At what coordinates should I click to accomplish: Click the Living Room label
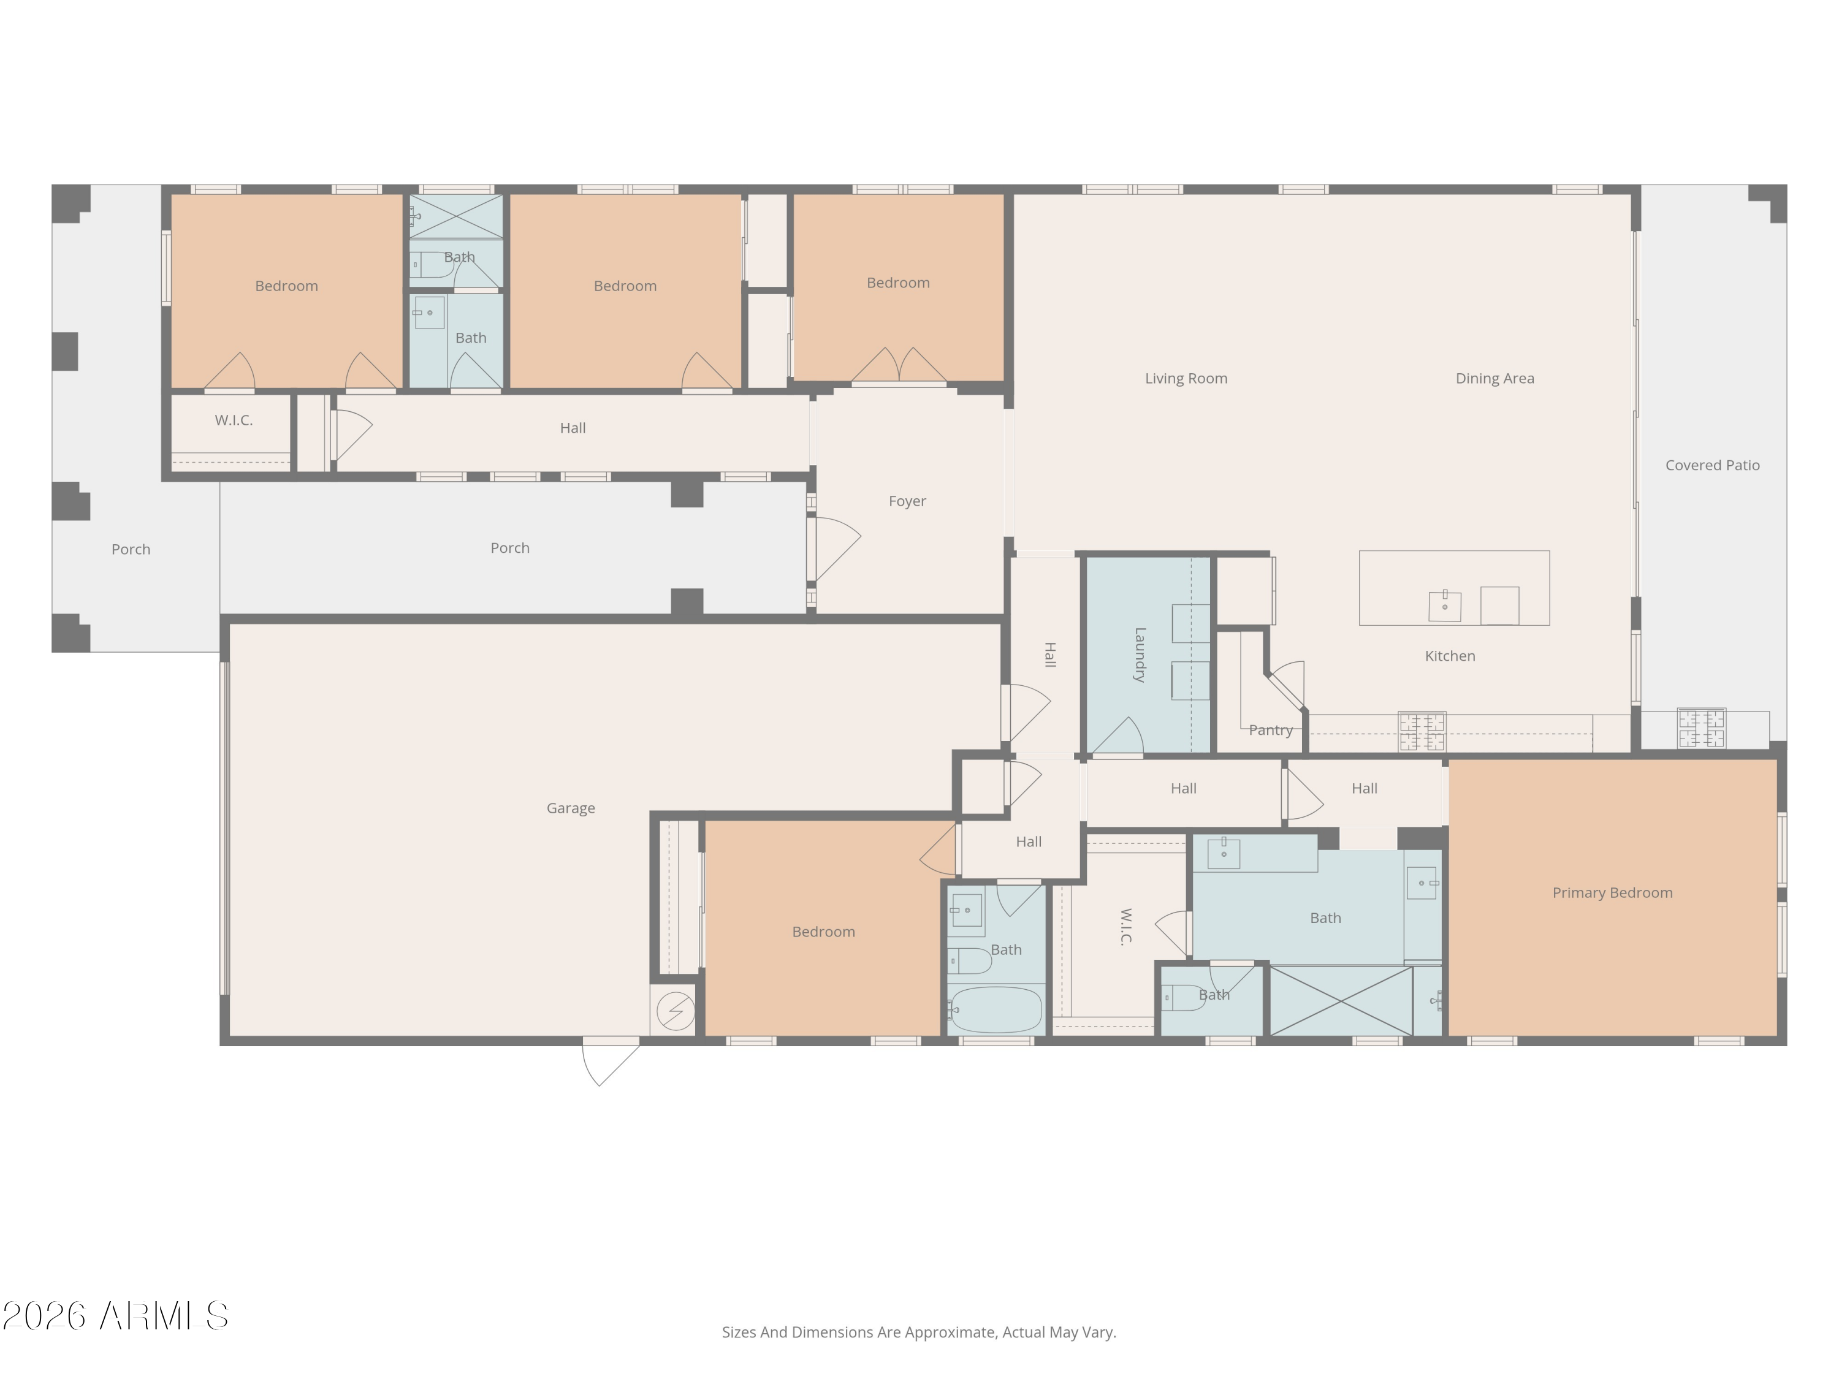tap(1186, 378)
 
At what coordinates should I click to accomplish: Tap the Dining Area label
tap(1495, 378)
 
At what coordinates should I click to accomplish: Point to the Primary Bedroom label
tap(1612, 893)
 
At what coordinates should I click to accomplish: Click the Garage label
tap(570, 808)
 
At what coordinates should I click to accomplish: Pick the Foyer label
tap(907, 501)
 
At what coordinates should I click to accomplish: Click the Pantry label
tap(1270, 730)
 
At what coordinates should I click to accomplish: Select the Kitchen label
tap(1450, 656)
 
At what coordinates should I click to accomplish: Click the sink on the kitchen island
tap(1445, 606)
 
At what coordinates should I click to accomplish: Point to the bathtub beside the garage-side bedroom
tap(995, 1010)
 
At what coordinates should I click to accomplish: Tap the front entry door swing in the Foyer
tap(834, 549)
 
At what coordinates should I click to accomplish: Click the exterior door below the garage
tap(611, 1061)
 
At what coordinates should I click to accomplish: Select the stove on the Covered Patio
tap(1701, 728)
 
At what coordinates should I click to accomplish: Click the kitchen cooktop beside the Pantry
tap(1422, 731)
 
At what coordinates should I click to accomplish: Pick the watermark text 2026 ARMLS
tap(116, 1316)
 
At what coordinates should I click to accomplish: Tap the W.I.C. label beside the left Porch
tap(234, 420)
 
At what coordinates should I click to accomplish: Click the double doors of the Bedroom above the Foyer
tap(899, 366)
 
